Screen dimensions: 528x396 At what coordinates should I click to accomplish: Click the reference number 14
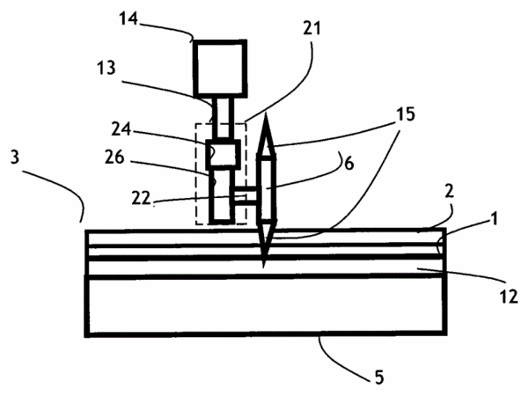128,19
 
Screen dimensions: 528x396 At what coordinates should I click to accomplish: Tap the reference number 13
106,68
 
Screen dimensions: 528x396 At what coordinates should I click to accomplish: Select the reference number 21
312,28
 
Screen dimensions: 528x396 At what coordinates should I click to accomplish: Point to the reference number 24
121,129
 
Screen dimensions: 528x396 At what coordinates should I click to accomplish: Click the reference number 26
114,157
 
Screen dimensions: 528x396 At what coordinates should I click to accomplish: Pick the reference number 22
141,199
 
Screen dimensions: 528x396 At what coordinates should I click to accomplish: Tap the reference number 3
15,157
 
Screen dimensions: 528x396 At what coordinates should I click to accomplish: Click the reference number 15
406,114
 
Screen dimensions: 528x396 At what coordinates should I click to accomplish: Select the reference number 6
349,164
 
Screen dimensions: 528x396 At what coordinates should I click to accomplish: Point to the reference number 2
449,191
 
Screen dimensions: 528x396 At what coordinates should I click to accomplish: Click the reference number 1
494,219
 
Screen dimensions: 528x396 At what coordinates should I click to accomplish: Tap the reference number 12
509,297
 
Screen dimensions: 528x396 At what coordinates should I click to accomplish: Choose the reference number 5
379,378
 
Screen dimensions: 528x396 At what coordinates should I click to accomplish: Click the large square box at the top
220,69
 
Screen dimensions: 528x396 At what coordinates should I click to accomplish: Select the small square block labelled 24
224,154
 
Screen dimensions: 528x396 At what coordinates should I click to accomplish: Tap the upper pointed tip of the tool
266,113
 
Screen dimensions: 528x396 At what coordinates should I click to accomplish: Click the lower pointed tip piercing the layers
264,266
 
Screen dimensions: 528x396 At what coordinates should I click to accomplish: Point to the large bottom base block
266,305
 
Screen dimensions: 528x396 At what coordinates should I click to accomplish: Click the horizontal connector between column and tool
244,195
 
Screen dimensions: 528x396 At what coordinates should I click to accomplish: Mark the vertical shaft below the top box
223,118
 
